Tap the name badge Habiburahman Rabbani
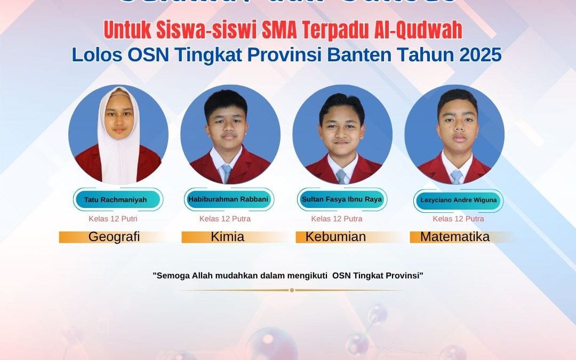click(228, 199)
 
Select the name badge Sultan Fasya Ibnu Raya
click(342, 199)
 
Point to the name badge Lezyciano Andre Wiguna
click(458, 201)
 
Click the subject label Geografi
click(114, 237)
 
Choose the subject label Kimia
click(228, 237)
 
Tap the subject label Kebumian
click(335, 237)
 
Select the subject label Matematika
click(455, 237)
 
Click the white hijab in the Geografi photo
click(118, 155)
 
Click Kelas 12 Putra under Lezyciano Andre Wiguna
click(458, 219)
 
